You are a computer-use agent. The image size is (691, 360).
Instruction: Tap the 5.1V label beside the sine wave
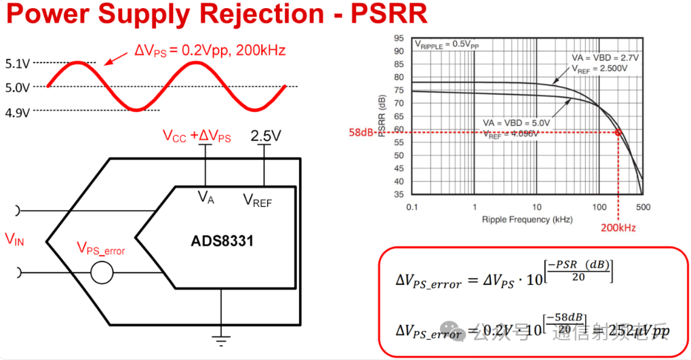pyautogui.click(x=18, y=64)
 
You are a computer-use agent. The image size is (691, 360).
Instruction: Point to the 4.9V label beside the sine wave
pyautogui.click(x=18, y=113)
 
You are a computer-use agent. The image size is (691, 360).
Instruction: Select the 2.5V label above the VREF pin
pyautogui.click(x=265, y=136)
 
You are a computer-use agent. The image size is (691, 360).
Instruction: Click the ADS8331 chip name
pyautogui.click(x=221, y=241)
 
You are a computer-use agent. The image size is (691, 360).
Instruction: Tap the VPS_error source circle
pyautogui.click(x=102, y=273)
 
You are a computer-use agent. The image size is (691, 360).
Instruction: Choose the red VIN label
pyautogui.click(x=14, y=239)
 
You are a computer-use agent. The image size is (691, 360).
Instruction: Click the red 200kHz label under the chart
pyautogui.click(x=618, y=228)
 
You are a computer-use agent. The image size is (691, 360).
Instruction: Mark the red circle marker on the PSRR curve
pyautogui.click(x=618, y=132)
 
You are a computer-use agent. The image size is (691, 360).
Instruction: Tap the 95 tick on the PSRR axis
pyautogui.click(x=399, y=39)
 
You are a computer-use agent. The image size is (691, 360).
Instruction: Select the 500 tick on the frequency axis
pyautogui.click(x=642, y=205)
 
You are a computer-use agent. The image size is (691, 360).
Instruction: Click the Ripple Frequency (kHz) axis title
pyautogui.click(x=527, y=220)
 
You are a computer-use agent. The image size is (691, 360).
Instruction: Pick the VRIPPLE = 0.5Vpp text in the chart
pyautogui.click(x=446, y=44)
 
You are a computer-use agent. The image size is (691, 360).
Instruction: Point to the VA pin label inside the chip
pyautogui.click(x=206, y=197)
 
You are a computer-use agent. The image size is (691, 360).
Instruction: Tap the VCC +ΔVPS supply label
pyautogui.click(x=197, y=136)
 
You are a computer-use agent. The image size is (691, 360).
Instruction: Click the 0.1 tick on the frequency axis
pyautogui.click(x=411, y=205)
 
